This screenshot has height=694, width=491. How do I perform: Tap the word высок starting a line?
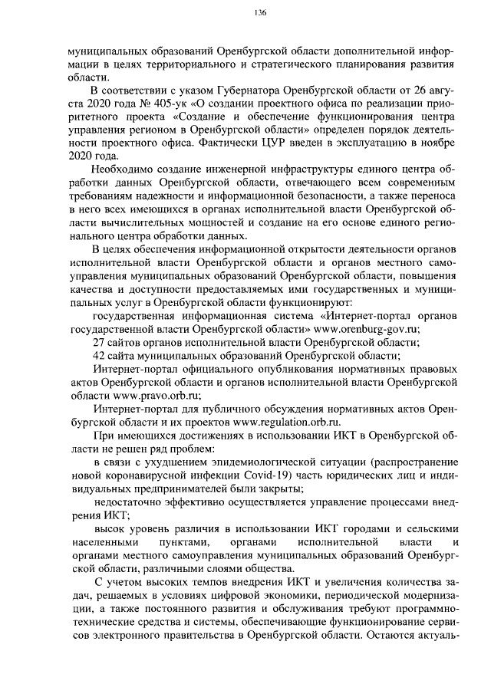click(x=108, y=530)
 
